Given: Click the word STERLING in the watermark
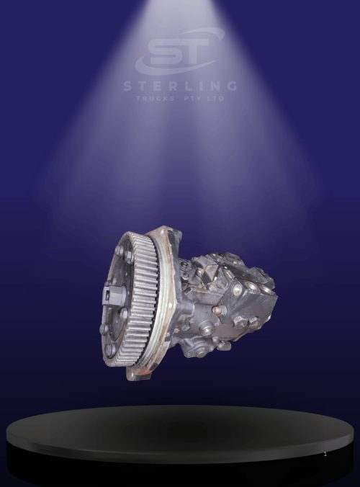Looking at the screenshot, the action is pyautogui.click(x=180, y=86).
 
